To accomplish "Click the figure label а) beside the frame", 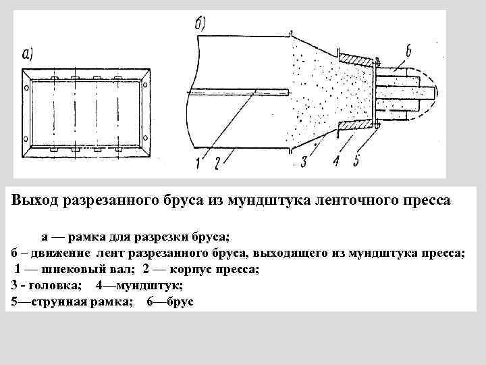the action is tap(32, 54).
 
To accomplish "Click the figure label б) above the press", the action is tap(201, 24).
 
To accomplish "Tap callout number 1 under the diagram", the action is tap(198, 162).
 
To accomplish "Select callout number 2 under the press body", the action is tap(217, 162).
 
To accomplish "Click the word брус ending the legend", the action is tap(179, 301).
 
